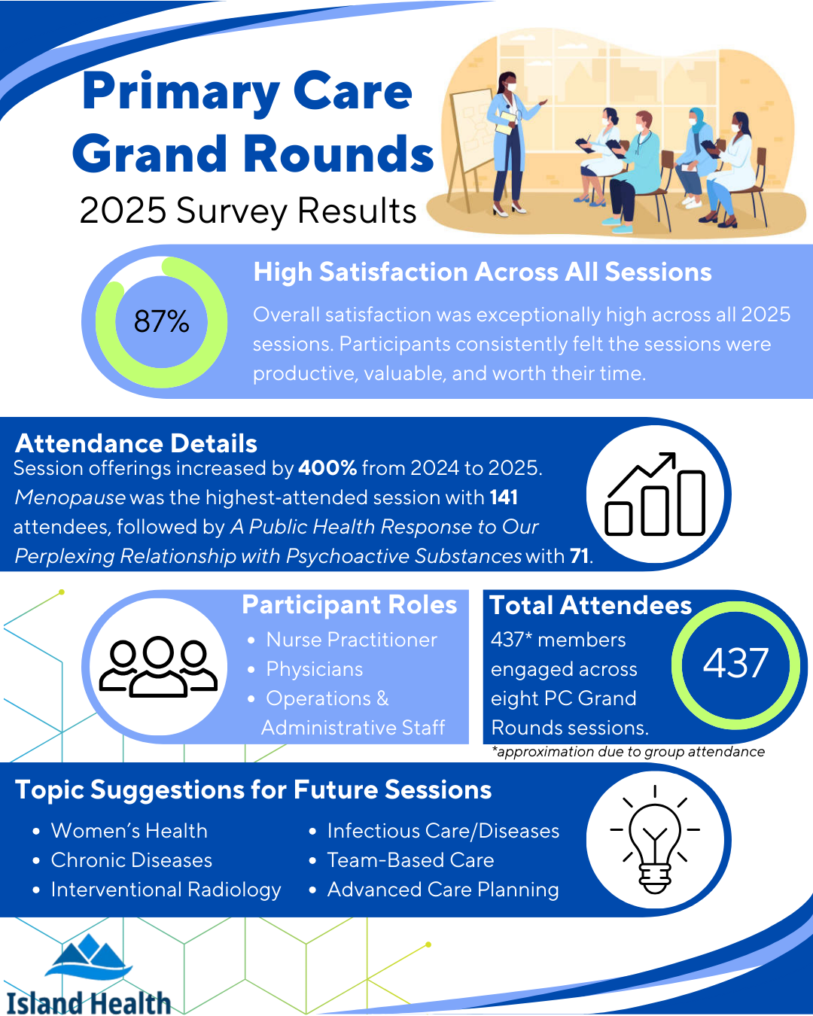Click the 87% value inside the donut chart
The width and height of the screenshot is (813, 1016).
tap(161, 322)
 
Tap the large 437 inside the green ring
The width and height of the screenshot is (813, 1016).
tap(735, 664)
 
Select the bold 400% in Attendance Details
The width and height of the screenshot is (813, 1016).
tap(327, 468)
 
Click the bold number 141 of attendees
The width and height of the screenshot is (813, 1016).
tap(504, 497)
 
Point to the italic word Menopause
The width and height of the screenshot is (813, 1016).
tap(70, 497)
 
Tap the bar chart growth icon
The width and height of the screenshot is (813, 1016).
tap(655, 495)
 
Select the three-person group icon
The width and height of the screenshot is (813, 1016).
tap(158, 666)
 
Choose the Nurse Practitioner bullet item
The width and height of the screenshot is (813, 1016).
tap(351, 640)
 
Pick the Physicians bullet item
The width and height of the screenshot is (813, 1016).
tap(314, 669)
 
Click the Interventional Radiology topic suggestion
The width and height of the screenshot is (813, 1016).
tap(166, 890)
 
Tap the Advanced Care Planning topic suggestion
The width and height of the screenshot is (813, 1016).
tap(443, 890)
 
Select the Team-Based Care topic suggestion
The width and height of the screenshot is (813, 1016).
tap(410, 860)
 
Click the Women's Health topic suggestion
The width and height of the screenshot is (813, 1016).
tap(129, 831)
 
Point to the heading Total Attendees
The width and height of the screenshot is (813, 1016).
tap(590, 605)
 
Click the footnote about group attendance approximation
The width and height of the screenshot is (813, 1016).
tap(628, 752)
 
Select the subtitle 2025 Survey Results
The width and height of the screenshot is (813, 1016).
tap(248, 211)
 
